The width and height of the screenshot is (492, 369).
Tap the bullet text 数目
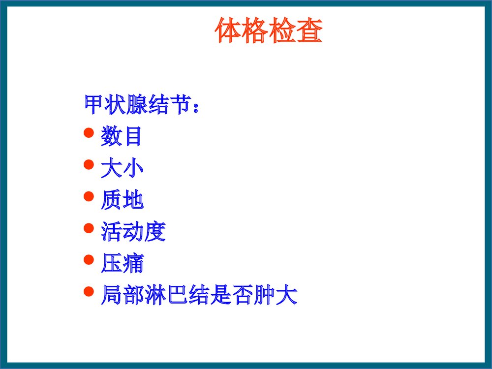click(x=122, y=136)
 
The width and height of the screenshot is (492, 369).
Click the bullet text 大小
click(x=122, y=168)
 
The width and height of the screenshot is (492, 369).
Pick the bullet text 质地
click(x=122, y=200)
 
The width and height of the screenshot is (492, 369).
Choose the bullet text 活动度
click(x=133, y=232)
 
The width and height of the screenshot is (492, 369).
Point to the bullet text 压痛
click(x=122, y=264)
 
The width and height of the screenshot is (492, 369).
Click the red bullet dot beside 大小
click(x=89, y=164)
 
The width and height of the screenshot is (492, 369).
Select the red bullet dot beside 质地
click(x=89, y=196)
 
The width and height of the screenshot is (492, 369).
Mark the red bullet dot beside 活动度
click(x=89, y=228)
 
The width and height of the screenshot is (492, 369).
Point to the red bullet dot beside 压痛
click(x=89, y=260)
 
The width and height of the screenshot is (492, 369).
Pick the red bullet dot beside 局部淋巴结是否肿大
click(x=89, y=292)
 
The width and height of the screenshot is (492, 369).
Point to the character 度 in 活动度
click(x=155, y=232)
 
